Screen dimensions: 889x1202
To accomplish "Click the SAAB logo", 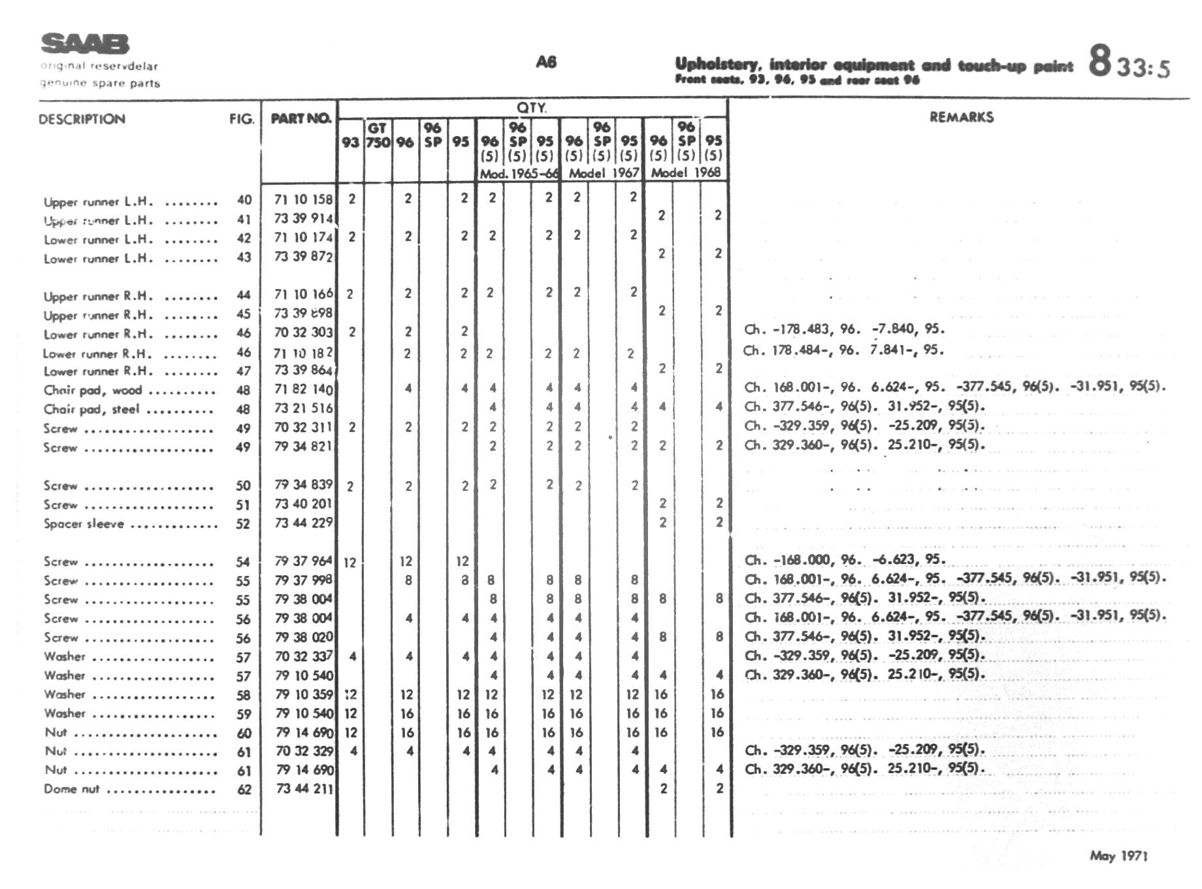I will (x=85, y=44).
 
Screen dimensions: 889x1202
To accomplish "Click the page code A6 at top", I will (x=546, y=62).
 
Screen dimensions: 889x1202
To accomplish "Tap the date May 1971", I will (x=1118, y=856).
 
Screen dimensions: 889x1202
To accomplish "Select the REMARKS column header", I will (x=961, y=118).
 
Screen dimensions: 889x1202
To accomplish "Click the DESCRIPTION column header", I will (x=82, y=119).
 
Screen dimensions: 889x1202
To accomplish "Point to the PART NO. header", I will (x=300, y=118).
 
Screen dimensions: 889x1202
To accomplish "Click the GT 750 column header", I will (x=378, y=135).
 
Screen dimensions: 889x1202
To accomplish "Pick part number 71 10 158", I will (x=303, y=199).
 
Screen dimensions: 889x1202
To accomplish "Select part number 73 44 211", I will (x=304, y=789).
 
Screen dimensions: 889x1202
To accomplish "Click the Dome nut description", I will (x=71, y=789).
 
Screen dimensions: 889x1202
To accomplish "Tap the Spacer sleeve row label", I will (x=84, y=524).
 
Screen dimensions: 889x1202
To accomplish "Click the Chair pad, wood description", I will (x=92, y=390).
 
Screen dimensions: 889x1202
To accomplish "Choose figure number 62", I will (x=244, y=790).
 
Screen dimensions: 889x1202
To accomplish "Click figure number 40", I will (x=244, y=200).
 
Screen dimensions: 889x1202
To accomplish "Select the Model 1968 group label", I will (x=685, y=173).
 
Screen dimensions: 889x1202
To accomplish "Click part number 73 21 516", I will (x=303, y=408).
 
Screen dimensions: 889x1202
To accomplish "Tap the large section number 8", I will (x=1099, y=61).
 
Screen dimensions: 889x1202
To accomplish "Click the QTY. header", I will (x=532, y=108).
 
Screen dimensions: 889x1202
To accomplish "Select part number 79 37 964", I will (x=303, y=561).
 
